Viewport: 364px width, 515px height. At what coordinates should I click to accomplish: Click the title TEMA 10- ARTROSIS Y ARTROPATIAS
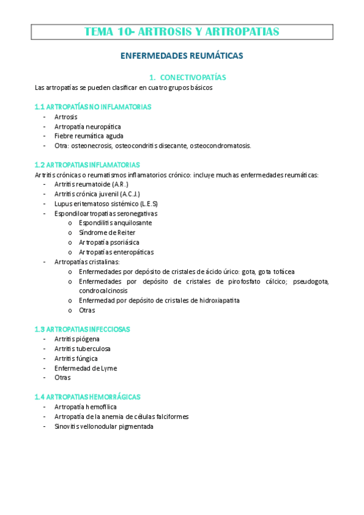point(182,32)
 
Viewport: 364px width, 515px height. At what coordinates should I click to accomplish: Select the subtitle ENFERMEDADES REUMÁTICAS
point(182,55)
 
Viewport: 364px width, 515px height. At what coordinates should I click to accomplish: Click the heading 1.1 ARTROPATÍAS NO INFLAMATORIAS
point(93,107)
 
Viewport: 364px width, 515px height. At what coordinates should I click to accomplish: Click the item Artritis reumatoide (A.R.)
point(91,184)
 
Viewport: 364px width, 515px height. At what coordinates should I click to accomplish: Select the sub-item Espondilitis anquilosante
point(115,223)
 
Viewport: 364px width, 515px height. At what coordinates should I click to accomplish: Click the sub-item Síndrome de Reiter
point(107,233)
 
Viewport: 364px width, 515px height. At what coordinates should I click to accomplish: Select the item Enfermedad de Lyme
point(85,368)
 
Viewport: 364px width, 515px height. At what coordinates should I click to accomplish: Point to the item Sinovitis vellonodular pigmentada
point(104,426)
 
